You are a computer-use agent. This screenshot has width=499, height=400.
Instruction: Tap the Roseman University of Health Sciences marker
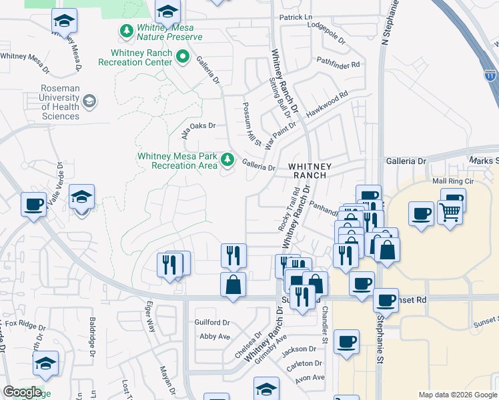point(89,102)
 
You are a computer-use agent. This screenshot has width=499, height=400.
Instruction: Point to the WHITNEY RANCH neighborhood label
point(308,170)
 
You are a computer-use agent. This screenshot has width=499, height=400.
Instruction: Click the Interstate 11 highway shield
point(490,75)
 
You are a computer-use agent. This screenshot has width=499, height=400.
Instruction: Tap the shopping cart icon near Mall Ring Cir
point(450,213)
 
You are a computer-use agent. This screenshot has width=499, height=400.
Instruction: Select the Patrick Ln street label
point(296,17)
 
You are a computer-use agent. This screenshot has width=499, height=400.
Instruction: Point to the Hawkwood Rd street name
point(327,105)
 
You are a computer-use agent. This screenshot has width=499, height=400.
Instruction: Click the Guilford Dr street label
point(211,322)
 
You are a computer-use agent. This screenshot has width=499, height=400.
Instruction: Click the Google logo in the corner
point(23,392)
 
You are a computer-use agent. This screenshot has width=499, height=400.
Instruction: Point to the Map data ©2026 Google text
point(457,395)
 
